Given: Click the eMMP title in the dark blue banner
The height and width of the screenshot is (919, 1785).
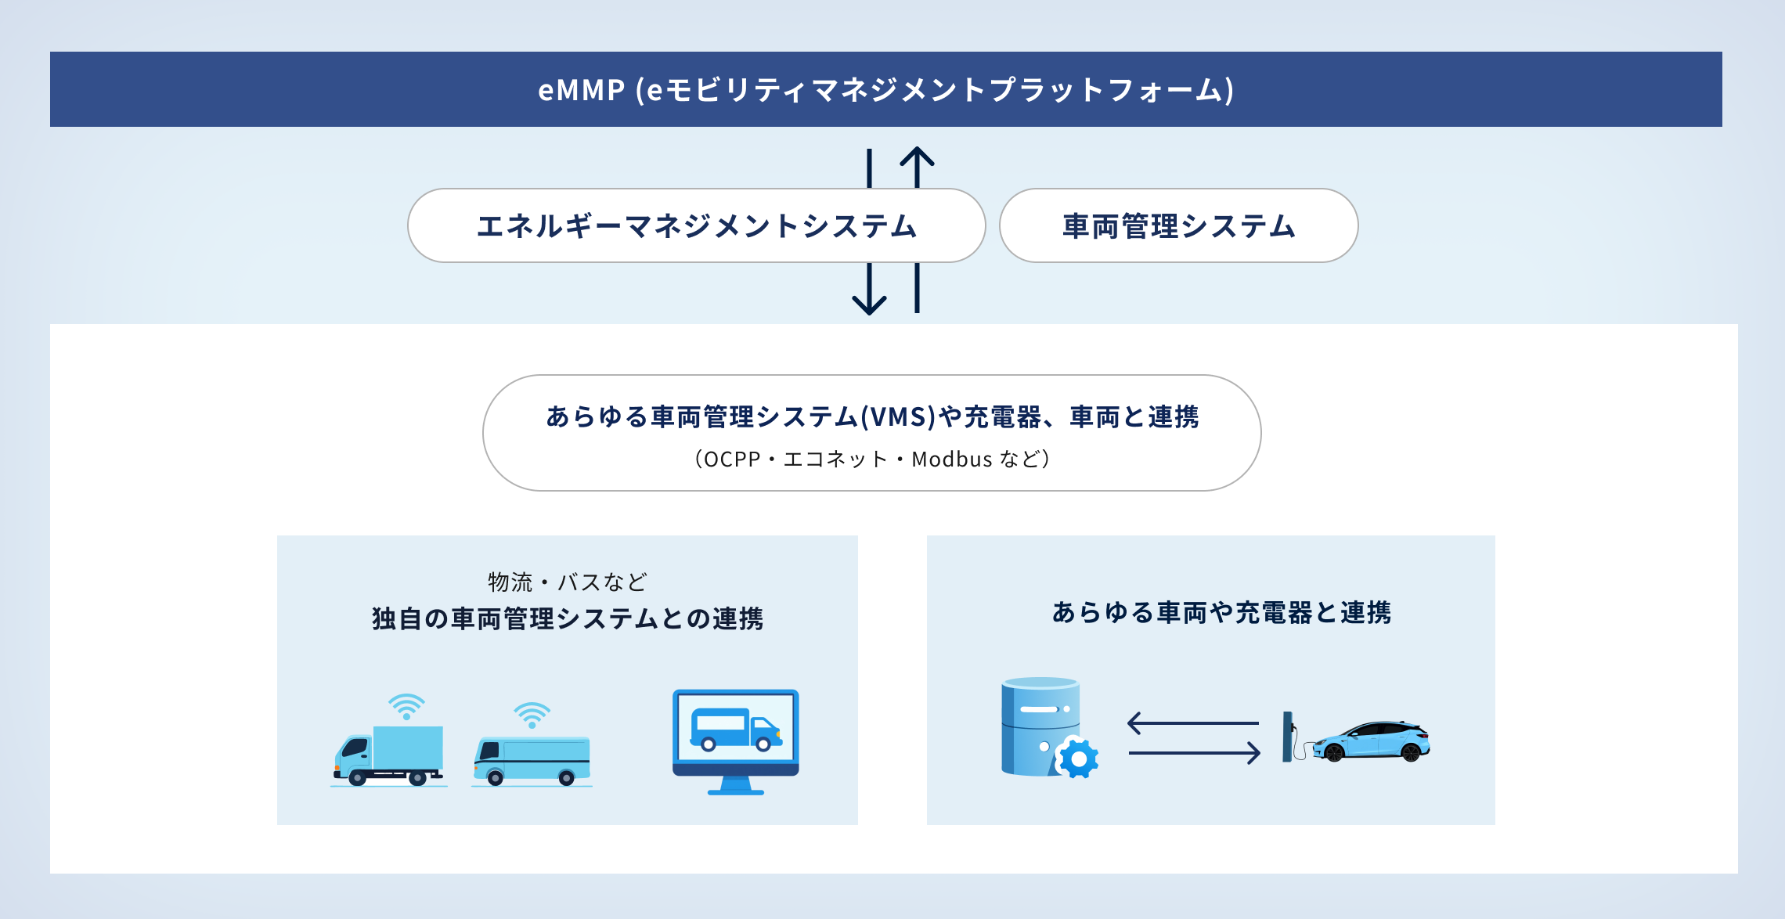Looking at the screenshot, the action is pyautogui.click(x=885, y=90).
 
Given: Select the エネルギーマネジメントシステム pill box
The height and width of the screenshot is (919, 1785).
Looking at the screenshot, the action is pyautogui.click(x=696, y=225).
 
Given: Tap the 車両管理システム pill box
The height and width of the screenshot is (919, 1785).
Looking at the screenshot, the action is pyautogui.click(x=1178, y=225).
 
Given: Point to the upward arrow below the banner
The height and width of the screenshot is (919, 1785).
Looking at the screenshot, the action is pyautogui.click(x=917, y=168).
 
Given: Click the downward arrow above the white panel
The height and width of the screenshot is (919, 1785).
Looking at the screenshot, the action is pyautogui.click(x=869, y=289).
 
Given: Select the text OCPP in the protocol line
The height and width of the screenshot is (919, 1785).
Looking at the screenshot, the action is pyautogui.click(x=732, y=459).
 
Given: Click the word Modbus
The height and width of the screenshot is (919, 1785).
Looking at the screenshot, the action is pyautogui.click(x=952, y=459).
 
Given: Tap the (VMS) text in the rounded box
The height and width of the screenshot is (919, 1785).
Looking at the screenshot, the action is pyautogui.click(x=898, y=417).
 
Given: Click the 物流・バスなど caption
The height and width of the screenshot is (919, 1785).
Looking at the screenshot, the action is pyautogui.click(x=568, y=582).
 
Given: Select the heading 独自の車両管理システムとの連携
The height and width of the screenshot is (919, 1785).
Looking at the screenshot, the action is pyautogui.click(x=568, y=618).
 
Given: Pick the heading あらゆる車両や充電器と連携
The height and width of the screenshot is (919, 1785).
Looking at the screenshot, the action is pyautogui.click(x=1221, y=612).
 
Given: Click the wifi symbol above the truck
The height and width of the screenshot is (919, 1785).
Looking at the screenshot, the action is pyautogui.click(x=406, y=706).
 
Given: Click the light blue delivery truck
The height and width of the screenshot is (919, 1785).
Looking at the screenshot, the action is pyautogui.click(x=389, y=755).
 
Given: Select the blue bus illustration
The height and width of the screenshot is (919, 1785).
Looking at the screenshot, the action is pyautogui.click(x=532, y=760).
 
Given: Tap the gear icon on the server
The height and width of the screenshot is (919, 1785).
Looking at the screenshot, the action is pyautogui.click(x=1078, y=759).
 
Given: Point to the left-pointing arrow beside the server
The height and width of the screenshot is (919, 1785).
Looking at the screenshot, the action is pyautogui.click(x=1193, y=723).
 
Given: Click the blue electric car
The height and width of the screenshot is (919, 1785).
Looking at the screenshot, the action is pyautogui.click(x=1371, y=741).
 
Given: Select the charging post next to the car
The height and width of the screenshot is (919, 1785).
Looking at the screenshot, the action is pyautogui.click(x=1288, y=736).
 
